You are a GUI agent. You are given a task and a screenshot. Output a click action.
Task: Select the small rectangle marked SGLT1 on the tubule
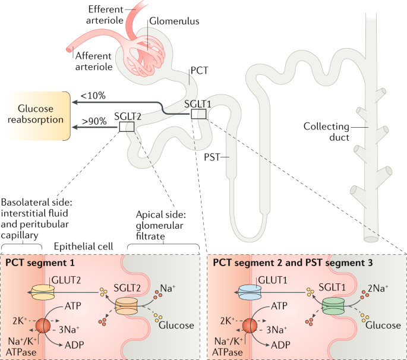tap(198, 114)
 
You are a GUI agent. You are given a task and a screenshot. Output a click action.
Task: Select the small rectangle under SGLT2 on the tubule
tap(127, 126)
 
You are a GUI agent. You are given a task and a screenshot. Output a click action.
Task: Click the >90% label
tap(94, 120)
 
